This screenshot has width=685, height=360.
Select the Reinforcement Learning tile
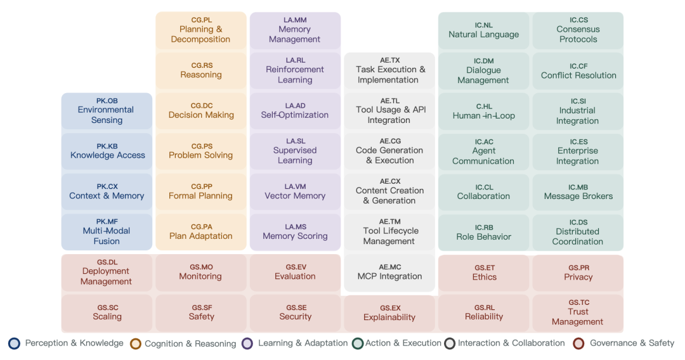[x=295, y=70]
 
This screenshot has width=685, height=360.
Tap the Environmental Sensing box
[x=107, y=111]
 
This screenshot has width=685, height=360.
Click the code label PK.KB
[x=107, y=146]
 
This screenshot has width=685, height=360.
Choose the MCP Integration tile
[x=389, y=273]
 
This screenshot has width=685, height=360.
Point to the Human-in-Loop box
[x=483, y=112]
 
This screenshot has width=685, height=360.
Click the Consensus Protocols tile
[x=578, y=30]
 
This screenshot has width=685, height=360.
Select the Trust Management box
[x=578, y=312]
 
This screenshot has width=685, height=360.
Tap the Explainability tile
[x=389, y=313]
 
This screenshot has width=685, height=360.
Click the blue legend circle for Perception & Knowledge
[x=14, y=344]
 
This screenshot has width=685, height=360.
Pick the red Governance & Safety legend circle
[x=578, y=344]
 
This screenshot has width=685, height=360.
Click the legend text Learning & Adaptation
[x=303, y=344]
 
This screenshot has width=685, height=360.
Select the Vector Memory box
[x=295, y=192]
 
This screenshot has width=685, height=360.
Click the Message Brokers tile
[x=578, y=192]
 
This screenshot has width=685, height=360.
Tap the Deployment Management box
[x=107, y=273]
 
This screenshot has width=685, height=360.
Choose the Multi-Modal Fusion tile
[x=107, y=232]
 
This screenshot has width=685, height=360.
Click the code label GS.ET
[x=484, y=268]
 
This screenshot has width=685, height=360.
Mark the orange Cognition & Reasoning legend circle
[x=136, y=344]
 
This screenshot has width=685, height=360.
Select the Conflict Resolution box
[x=578, y=71]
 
